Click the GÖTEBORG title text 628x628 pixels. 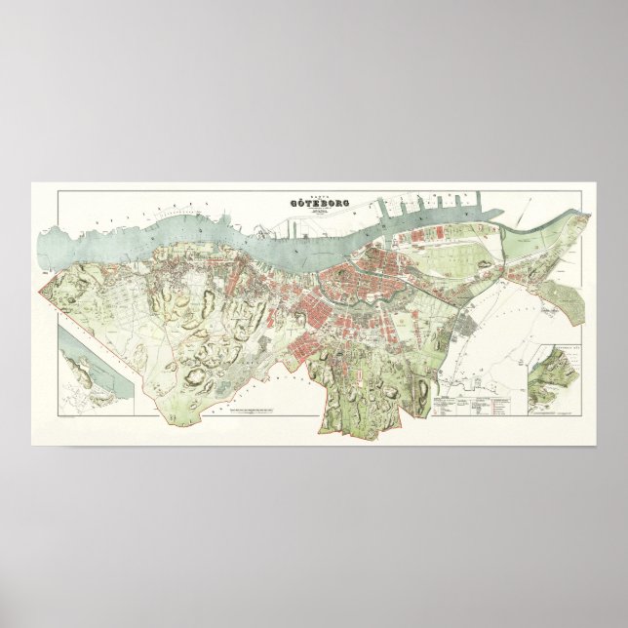(314, 204)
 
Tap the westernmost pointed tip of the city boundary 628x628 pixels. (38, 291)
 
